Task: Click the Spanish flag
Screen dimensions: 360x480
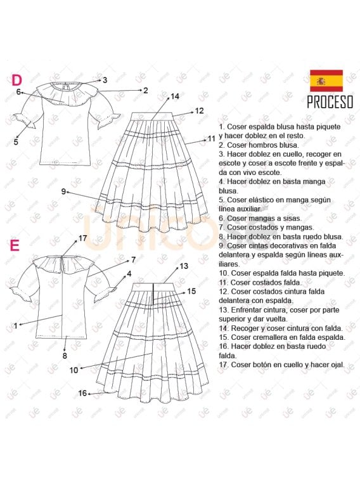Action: coord(326,81)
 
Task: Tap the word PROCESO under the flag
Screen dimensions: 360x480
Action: coord(330,102)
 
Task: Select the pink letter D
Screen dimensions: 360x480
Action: coord(17,80)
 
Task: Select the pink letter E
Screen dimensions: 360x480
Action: coord(15,245)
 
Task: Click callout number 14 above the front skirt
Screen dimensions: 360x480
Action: coord(175,96)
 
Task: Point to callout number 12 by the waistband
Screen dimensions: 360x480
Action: coord(199,111)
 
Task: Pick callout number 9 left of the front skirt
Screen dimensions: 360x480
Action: coord(63,191)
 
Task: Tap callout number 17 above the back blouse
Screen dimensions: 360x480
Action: coord(82,238)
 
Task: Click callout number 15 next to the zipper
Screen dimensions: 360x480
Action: coord(191,291)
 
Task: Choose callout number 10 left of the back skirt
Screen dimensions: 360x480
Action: coord(74,370)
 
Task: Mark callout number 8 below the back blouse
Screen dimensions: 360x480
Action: coord(65,356)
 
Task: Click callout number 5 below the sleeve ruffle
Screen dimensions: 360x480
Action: coord(16,142)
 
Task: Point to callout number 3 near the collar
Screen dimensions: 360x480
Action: coord(105,80)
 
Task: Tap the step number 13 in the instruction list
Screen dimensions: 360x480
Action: coord(223,310)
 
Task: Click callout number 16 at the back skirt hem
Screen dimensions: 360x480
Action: coord(82,393)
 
